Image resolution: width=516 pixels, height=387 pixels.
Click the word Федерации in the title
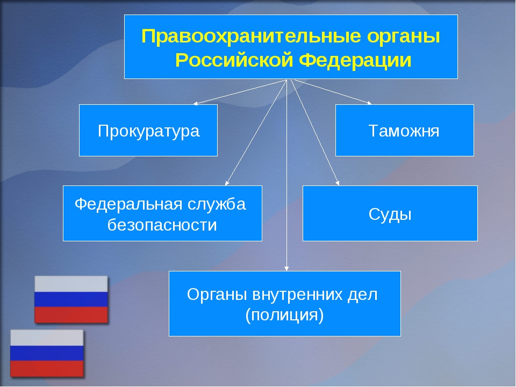tap(355, 61)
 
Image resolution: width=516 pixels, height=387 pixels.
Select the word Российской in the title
tap(234, 60)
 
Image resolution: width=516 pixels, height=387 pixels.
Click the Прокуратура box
tap(148, 130)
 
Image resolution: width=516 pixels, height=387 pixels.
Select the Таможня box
tap(404, 130)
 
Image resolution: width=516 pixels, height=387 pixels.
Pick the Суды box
tap(390, 213)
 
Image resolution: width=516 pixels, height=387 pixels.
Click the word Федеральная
tap(128, 205)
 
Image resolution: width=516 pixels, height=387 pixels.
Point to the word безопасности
tap(162, 225)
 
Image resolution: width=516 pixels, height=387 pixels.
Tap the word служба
tap(217, 205)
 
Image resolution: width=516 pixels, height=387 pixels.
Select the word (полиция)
tap(285, 316)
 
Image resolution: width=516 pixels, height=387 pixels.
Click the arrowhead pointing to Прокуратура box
tap(196, 103)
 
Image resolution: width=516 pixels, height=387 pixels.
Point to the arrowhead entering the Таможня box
tap(370, 103)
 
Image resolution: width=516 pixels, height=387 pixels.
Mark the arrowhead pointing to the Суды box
tap(338, 183)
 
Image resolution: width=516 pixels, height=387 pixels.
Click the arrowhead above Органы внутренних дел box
tap(286, 269)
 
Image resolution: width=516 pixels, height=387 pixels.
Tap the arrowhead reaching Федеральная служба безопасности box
tap(227, 183)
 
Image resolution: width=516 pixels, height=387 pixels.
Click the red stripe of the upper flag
tap(71, 314)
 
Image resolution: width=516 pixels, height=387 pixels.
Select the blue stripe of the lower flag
tap(47, 353)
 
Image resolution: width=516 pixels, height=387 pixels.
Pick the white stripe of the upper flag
tap(71, 284)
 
